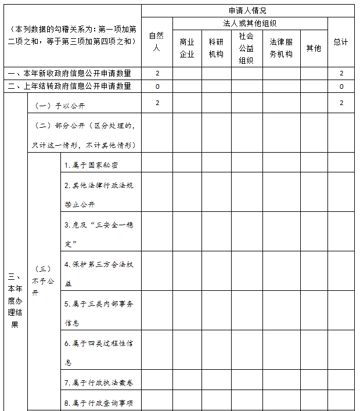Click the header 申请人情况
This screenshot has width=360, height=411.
click(x=247, y=11)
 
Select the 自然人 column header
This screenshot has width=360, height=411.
click(x=156, y=42)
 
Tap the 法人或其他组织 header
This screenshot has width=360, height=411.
click(x=250, y=24)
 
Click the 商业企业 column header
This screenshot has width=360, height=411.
click(x=187, y=48)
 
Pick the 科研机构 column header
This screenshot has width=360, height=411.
click(x=216, y=48)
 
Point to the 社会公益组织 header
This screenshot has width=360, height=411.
click(x=246, y=48)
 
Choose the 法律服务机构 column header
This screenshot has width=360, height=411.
click(x=280, y=48)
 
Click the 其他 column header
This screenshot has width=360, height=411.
click(x=314, y=48)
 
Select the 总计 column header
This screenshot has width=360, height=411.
click(x=341, y=42)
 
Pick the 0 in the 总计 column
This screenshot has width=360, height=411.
click(x=341, y=86)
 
